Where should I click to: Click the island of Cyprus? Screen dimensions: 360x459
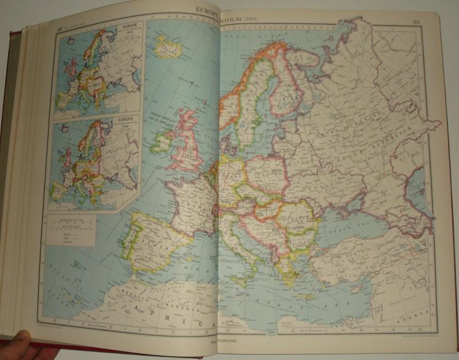(x=363, y=287)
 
